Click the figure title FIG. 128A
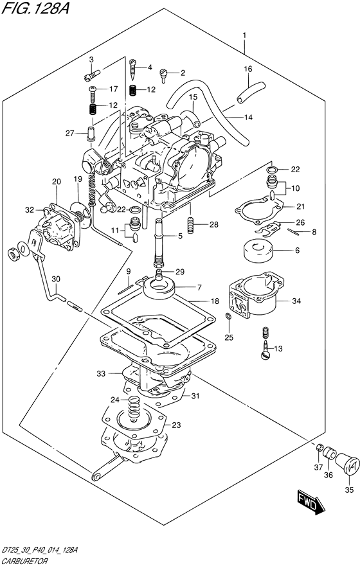35,8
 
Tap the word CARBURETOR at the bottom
24,562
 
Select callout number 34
296,301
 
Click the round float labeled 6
257,251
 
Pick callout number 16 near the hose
248,69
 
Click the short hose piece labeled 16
251,93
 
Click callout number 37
318,467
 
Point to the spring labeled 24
134,407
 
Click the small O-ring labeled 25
228,317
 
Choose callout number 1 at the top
245,35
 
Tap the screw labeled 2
163,75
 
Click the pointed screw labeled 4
133,70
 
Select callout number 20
56,182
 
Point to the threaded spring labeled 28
190,225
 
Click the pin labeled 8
293,232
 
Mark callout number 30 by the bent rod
56,279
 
